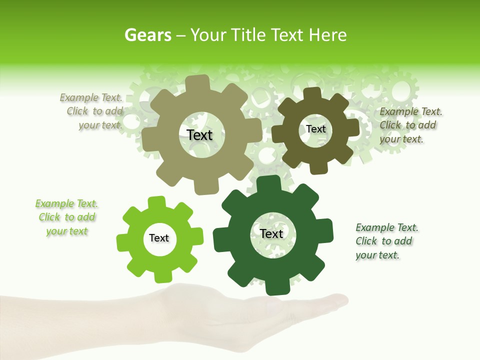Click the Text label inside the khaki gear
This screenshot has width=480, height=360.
(x=199, y=135)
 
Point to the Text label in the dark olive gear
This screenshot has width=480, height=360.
(x=315, y=129)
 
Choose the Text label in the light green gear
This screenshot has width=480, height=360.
(x=159, y=238)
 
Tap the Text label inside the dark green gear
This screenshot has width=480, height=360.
(x=271, y=233)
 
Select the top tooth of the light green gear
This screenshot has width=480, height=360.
(x=156, y=202)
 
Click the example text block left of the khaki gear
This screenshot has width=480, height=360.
(x=93, y=111)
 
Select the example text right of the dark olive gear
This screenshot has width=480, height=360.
(x=410, y=125)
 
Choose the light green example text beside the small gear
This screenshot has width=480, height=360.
(x=66, y=217)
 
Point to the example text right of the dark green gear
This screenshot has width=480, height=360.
(x=386, y=241)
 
